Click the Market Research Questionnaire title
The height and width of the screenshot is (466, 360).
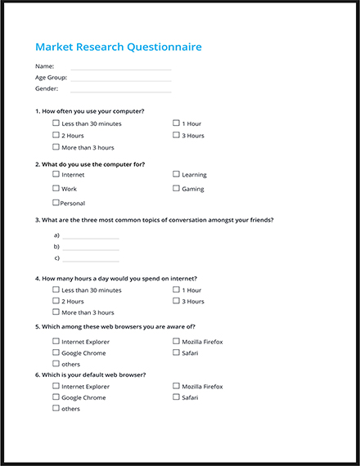click(118, 47)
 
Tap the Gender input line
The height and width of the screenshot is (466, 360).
click(120, 91)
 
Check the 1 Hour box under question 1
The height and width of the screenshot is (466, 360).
click(176, 123)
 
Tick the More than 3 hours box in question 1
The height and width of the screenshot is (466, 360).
click(56, 147)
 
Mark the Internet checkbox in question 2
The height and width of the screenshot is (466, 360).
click(56, 174)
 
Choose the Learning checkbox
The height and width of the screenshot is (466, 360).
click(176, 174)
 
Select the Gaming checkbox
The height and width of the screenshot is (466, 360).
click(176, 189)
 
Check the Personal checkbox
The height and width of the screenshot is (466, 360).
click(56, 203)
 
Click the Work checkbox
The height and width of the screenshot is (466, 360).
click(56, 189)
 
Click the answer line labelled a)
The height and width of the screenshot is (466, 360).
click(91, 237)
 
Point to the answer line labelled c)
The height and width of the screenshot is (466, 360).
click(91, 260)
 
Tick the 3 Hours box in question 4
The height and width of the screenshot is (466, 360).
click(176, 301)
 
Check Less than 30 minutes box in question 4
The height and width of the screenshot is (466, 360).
click(56, 289)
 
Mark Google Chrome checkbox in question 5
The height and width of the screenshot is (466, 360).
click(56, 352)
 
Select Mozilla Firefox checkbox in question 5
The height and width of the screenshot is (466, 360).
click(176, 341)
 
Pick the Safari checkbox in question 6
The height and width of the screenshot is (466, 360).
click(176, 397)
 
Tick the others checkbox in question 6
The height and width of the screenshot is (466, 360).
click(56, 408)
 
